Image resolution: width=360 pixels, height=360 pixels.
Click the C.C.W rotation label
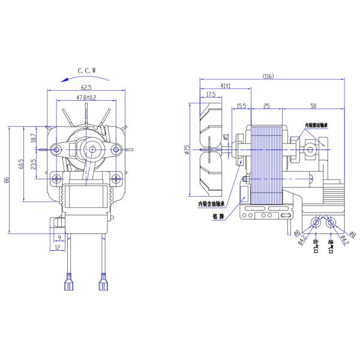(86, 70)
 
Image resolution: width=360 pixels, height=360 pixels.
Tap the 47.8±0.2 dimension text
(86, 97)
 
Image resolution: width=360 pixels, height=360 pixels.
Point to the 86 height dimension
(7, 181)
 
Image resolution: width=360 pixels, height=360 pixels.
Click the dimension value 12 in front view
(57, 248)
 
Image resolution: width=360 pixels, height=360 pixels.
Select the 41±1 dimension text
(224, 86)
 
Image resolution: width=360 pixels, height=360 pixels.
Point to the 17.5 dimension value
(211, 95)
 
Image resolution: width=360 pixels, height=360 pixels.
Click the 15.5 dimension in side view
(241, 106)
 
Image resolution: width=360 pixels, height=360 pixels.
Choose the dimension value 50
(313, 106)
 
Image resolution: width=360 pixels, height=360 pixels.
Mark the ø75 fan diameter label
(187, 150)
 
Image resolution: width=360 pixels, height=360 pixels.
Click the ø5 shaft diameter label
(226, 137)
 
